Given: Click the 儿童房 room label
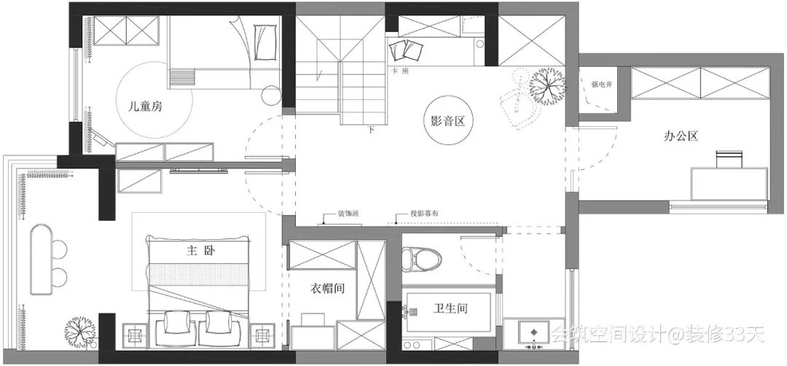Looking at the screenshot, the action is pyautogui.click(x=144, y=106).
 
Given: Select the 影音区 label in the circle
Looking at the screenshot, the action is pyautogui.click(x=442, y=122).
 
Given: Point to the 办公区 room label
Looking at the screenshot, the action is pyautogui.click(x=681, y=135).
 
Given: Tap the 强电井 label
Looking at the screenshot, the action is pyautogui.click(x=601, y=85).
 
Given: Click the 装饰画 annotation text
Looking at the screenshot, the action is pyautogui.click(x=348, y=214).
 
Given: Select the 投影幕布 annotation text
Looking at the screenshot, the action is pyautogui.click(x=425, y=214).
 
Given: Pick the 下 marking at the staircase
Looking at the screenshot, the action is pyautogui.click(x=372, y=131).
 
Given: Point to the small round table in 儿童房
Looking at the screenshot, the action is pyautogui.click(x=271, y=95).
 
